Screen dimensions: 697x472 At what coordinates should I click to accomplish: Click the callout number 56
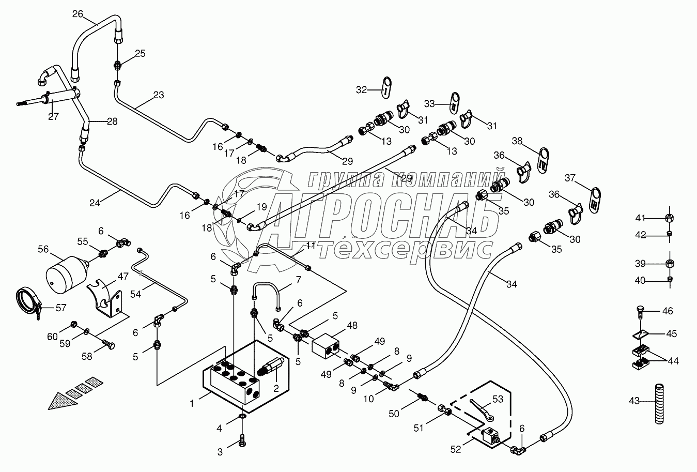(x=42, y=250)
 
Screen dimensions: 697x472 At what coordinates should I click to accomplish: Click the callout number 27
(x=53, y=116)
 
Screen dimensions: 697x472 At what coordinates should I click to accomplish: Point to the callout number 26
(x=77, y=14)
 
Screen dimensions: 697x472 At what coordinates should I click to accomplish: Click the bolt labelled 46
(x=638, y=312)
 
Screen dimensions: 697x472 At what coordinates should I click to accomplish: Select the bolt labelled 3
(x=242, y=442)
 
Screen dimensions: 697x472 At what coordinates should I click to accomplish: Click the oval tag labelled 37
(x=595, y=198)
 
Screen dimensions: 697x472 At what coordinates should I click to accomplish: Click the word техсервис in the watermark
(x=404, y=250)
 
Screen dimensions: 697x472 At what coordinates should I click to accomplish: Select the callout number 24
(x=95, y=203)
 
